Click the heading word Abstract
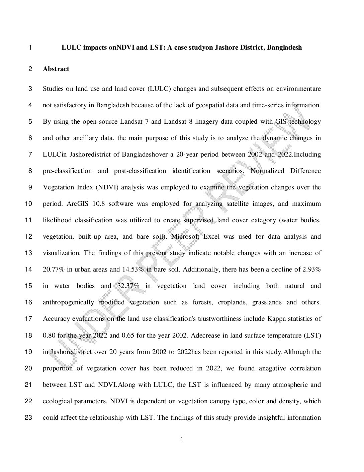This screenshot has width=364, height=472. click(56, 69)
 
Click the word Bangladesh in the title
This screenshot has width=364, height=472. click(285, 48)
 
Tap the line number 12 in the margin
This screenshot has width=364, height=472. click(29, 237)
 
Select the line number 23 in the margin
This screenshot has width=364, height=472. click(29, 418)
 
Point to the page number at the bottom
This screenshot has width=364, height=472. click(182, 439)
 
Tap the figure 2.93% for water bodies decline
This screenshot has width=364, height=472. click(312, 270)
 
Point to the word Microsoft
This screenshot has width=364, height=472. click(185, 237)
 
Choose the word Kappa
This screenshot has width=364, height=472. click(276, 319)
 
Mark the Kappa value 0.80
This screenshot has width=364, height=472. click(49, 335)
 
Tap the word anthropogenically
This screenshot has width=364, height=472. click(68, 302)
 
